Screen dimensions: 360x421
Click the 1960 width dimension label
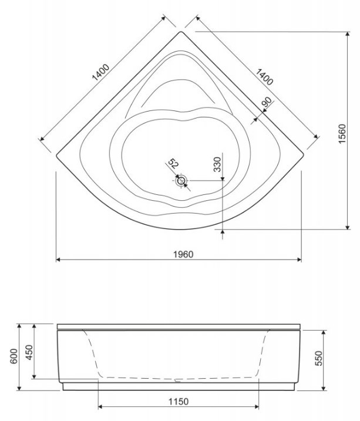183,254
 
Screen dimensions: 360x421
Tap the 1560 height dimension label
342,134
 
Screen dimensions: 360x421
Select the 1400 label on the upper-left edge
101,72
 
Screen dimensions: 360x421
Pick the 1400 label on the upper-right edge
264,77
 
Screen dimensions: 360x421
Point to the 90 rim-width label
267,102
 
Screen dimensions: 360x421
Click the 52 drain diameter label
173,163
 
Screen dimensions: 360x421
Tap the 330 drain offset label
217,164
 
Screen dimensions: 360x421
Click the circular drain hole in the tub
181,180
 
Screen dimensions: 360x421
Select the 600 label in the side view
14,356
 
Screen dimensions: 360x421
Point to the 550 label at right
318,358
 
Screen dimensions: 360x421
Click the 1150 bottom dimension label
179,402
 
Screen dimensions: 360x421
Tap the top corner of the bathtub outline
181,32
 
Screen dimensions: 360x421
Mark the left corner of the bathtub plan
56,155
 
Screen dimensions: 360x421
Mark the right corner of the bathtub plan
303,154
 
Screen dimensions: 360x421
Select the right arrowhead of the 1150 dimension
256,406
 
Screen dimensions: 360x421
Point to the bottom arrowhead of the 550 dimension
324,388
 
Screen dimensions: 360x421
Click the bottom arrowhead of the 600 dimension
19,388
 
